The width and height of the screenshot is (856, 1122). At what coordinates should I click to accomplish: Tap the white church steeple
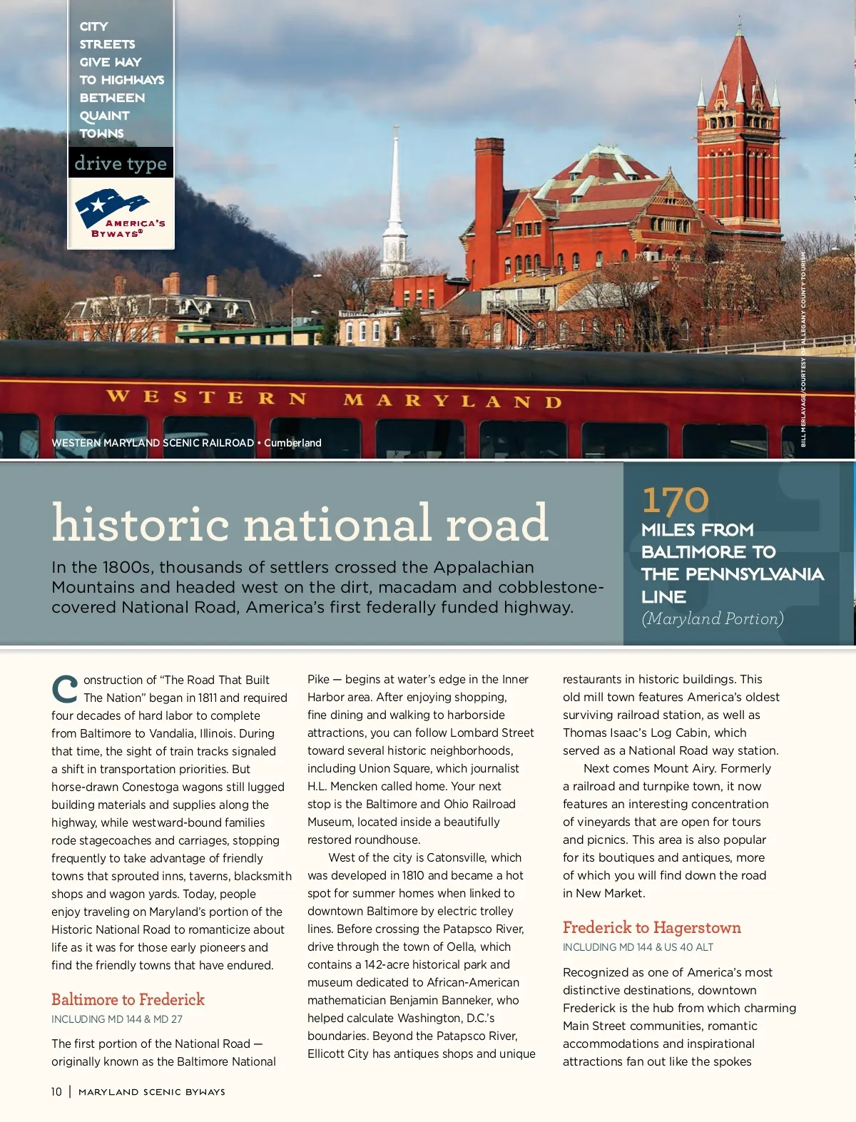395,207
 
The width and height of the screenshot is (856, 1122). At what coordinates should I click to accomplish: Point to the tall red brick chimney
489,200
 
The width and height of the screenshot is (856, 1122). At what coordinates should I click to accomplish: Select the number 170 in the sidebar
675,500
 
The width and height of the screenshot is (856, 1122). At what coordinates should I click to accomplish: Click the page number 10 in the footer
56,1091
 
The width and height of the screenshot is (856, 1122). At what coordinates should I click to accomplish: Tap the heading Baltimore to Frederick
128,999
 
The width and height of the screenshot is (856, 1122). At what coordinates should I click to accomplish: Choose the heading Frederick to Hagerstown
651,927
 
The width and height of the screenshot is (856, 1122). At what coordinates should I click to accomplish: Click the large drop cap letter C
65,689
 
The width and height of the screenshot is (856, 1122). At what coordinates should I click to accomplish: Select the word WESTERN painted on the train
206,397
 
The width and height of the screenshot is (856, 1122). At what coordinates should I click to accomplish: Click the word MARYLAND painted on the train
452,400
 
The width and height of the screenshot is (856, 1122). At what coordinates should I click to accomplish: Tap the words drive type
121,163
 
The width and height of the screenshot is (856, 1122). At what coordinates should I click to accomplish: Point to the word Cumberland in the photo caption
292,443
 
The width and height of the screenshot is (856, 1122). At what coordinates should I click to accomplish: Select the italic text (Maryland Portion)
712,618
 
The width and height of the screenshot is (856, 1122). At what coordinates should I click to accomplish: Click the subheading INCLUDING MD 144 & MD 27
116,1019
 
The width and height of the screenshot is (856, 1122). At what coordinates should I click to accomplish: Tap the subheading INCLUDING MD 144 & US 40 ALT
638,947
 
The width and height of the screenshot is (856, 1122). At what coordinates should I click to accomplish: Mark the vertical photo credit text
803,350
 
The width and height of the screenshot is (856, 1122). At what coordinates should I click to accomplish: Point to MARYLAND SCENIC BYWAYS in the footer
152,1092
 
